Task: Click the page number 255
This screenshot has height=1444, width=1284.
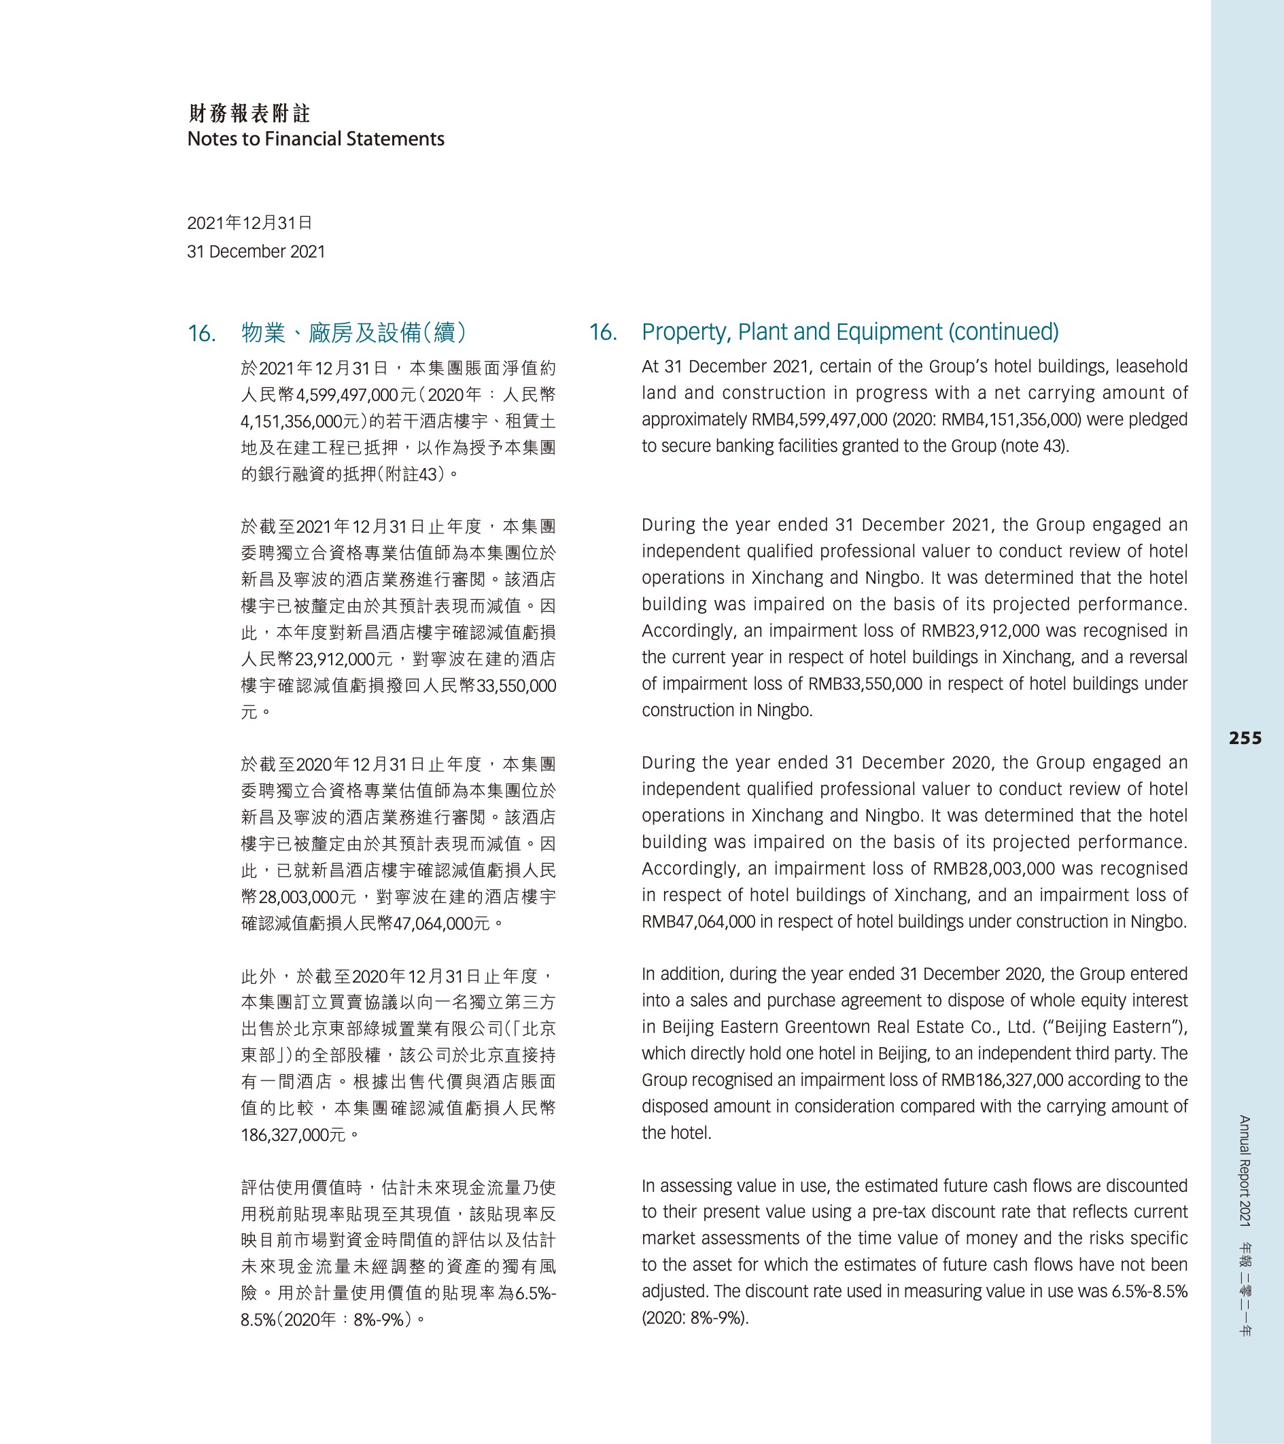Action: pos(1245,738)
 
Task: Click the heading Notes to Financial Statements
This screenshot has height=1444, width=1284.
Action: pos(316,139)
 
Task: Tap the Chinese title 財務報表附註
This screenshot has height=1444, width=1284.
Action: pos(249,113)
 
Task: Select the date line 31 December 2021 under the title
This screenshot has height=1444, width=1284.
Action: pos(256,251)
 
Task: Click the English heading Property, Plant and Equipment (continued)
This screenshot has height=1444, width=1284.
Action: pos(850,332)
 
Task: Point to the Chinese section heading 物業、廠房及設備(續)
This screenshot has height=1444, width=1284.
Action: pos(353,333)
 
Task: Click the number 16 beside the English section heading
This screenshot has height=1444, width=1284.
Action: pos(602,332)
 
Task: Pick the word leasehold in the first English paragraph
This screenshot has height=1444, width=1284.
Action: pos(1151,367)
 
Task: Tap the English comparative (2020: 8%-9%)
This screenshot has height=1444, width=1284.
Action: pos(695,1318)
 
